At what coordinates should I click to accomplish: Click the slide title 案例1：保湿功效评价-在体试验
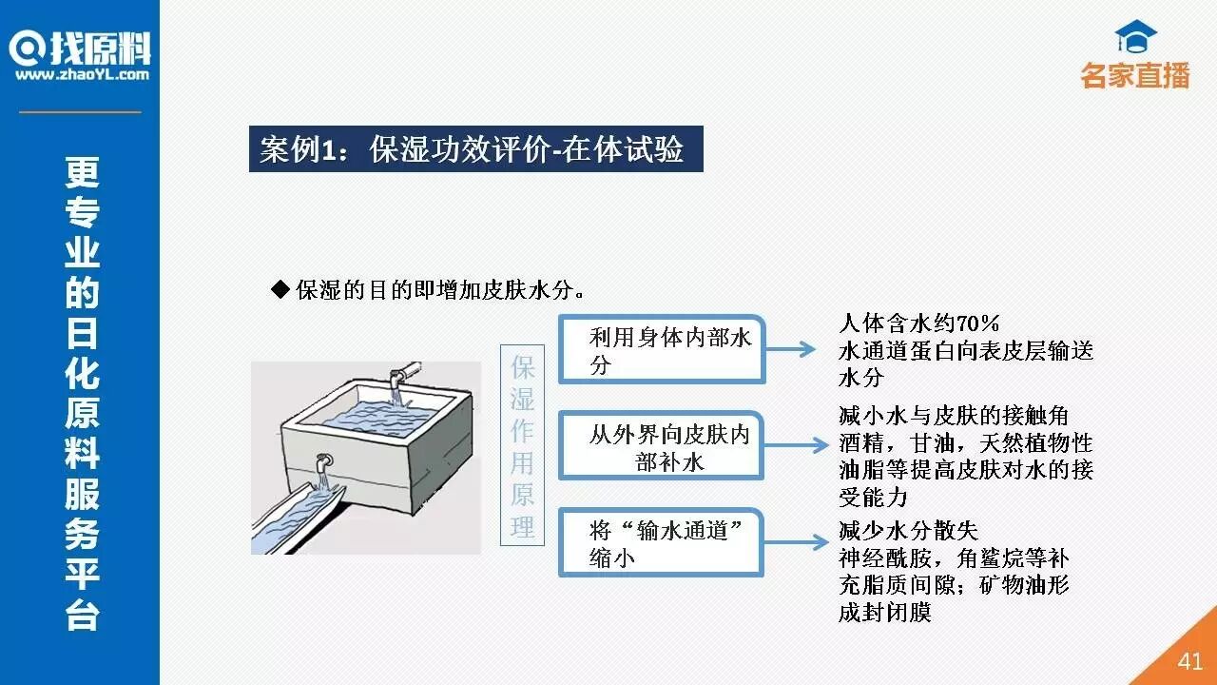coord(475,149)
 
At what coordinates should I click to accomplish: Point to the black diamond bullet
coord(280,288)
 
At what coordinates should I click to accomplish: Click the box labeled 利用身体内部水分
coord(662,350)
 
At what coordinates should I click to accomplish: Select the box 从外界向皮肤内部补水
coord(662,447)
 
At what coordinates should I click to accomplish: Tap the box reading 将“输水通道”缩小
coord(662,542)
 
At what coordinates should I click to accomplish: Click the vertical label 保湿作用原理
coord(522,444)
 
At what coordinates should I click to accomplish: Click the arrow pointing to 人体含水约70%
coord(791,349)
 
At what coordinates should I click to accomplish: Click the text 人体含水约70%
coord(918,323)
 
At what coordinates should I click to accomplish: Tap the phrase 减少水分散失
coord(907,530)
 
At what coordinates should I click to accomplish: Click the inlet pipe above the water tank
coord(403,370)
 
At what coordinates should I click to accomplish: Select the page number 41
coord(1189,661)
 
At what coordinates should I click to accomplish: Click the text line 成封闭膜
coord(884,613)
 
